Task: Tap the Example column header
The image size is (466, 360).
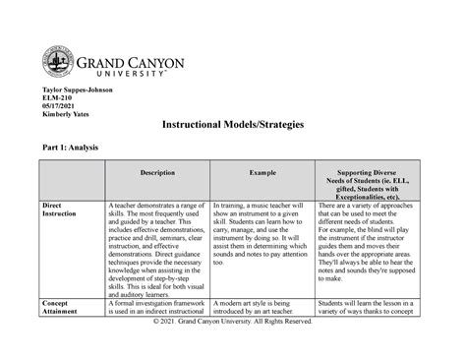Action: tap(262, 173)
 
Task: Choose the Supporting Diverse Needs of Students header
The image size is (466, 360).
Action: tap(371, 182)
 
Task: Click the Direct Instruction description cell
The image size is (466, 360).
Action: tap(155, 260)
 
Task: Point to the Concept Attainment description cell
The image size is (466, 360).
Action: tap(155, 330)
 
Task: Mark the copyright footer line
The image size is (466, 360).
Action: tap(234, 350)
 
